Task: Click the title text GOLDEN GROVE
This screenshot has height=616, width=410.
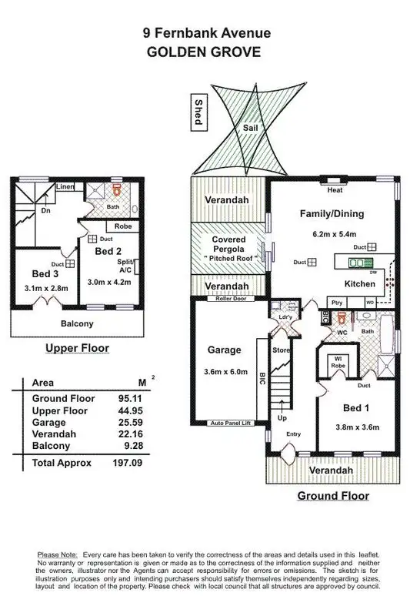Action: (x=205, y=52)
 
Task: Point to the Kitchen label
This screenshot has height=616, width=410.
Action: (x=359, y=284)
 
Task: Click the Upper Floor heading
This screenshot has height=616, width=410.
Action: (x=77, y=348)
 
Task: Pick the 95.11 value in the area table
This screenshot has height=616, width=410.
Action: (x=129, y=398)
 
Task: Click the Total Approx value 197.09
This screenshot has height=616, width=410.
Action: (x=127, y=463)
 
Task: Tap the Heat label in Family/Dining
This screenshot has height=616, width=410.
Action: (x=335, y=190)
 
